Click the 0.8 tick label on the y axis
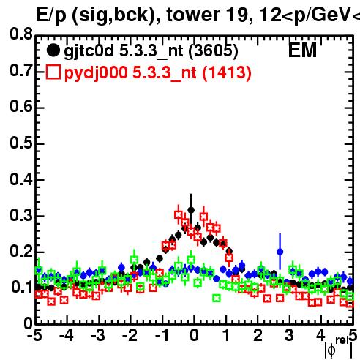click(x=21, y=34)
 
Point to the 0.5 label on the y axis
click(x=21, y=143)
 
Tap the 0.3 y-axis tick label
click(x=21, y=215)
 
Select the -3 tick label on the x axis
click(x=98, y=335)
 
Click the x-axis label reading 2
click(x=258, y=335)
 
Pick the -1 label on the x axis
click(x=162, y=335)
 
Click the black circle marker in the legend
click(x=53, y=50)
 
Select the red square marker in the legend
click(x=53, y=72)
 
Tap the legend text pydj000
click(x=96, y=73)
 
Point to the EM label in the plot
click(x=302, y=50)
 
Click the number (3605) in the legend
click(x=213, y=51)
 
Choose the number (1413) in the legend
click(x=227, y=73)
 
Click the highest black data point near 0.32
click(x=191, y=210)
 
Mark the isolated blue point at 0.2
click(x=280, y=252)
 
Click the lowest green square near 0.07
click(x=217, y=298)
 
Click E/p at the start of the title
click(x=51, y=15)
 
